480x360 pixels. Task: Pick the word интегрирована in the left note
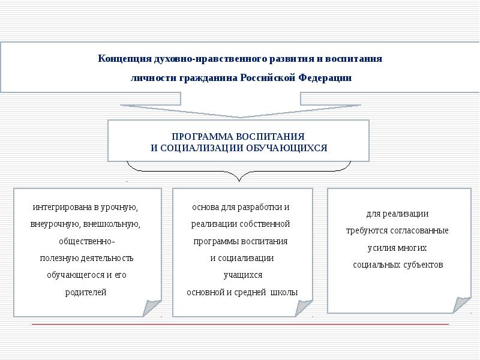pyautogui.click(x=62, y=208)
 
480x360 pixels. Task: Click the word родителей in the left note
pyautogui.click(x=86, y=293)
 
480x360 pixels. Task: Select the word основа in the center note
pyautogui.click(x=204, y=208)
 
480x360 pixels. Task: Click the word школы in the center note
pyautogui.click(x=284, y=293)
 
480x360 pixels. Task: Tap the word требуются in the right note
pyautogui.click(x=366, y=230)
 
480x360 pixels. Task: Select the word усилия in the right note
pyautogui.click(x=380, y=248)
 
